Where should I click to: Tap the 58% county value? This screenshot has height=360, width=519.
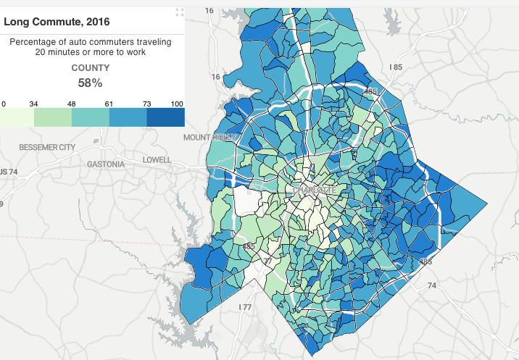pos(91,83)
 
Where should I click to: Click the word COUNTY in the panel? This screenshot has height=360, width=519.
pos(91,68)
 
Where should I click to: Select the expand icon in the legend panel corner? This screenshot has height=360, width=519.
pos(180,12)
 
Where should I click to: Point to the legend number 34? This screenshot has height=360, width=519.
pos(33,104)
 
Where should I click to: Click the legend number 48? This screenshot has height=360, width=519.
pos(71,104)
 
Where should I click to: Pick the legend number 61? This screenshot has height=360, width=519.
pos(109,104)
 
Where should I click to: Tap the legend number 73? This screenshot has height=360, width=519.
pos(147,104)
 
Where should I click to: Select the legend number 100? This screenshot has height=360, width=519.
pos(177,104)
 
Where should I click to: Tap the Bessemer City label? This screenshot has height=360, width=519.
pos(47,147)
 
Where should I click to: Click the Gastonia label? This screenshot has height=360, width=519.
pos(106,164)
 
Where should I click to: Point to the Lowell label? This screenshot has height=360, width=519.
pos(157,159)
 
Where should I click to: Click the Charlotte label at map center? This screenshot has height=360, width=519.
pos(314,190)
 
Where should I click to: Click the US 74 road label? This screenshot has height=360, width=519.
pos(9,172)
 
